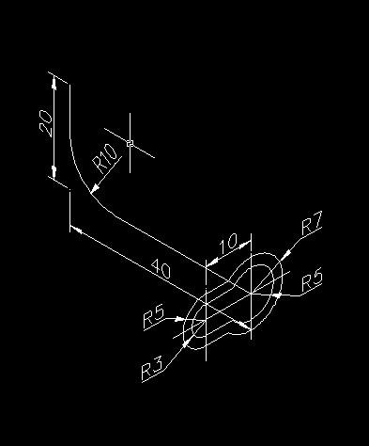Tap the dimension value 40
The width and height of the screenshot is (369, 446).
click(x=161, y=270)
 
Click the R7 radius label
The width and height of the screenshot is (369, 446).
click(x=312, y=225)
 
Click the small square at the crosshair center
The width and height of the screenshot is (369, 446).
click(x=130, y=144)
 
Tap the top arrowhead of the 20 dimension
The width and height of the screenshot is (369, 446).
click(x=54, y=83)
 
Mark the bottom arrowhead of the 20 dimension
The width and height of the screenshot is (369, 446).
click(x=54, y=172)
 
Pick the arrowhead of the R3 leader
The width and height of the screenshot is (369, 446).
click(x=190, y=343)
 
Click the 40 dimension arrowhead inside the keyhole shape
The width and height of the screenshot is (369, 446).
click(x=246, y=325)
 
